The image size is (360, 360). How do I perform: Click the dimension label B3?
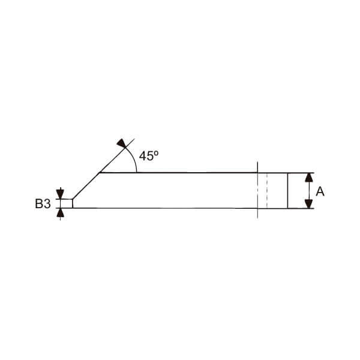(43, 203)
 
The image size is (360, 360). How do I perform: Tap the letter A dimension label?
(320, 191)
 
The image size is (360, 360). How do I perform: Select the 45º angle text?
(149, 155)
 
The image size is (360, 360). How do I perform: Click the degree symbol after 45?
(156, 153)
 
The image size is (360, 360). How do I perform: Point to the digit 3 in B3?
(47, 203)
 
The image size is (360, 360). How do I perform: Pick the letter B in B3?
(39, 203)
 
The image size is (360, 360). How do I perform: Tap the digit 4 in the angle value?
(142, 156)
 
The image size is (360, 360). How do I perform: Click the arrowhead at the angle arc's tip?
(122, 143)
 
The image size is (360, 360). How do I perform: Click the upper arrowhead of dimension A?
(309, 178)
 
